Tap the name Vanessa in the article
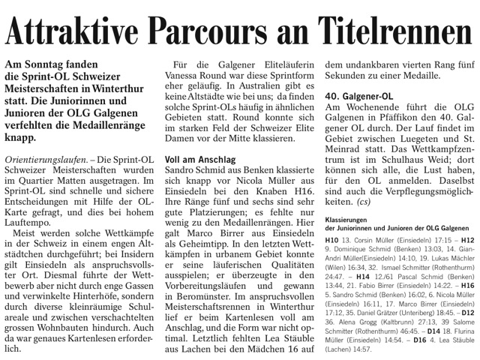(x=188, y=78)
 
